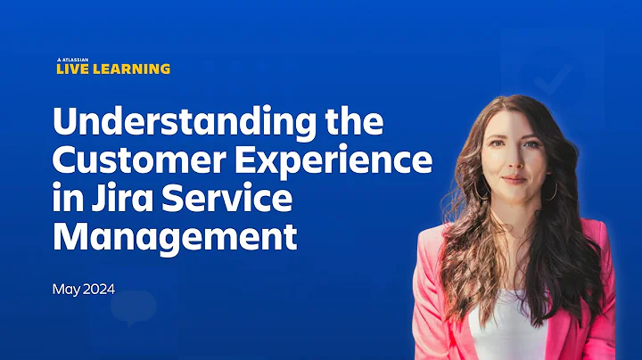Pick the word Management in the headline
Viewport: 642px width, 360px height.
point(173,239)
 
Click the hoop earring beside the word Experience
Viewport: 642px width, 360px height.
point(481,190)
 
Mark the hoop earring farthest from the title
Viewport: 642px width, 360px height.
point(552,189)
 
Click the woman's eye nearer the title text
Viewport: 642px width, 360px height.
point(503,151)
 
